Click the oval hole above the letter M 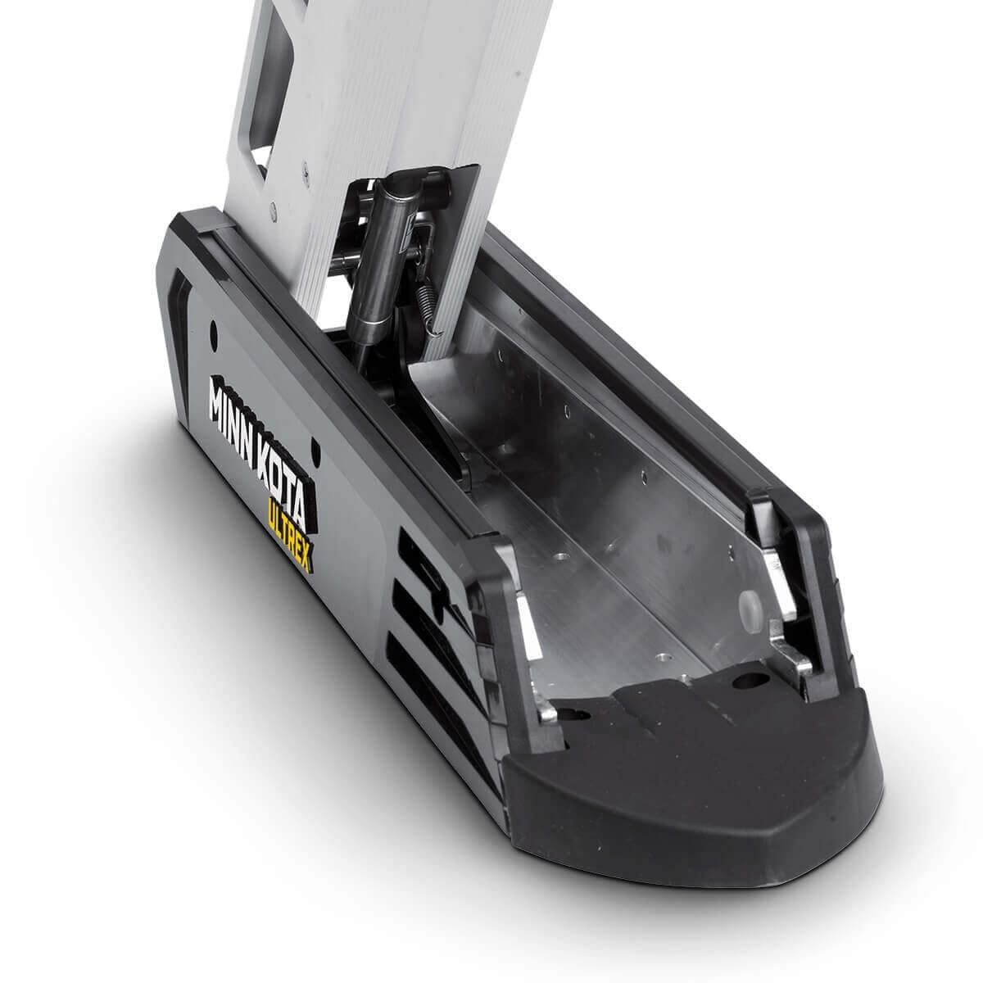point(214,332)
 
